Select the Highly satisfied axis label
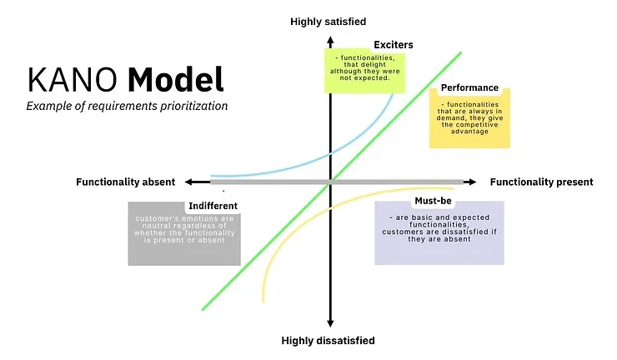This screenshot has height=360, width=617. [x=328, y=21]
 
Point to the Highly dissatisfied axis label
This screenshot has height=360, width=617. [x=328, y=341]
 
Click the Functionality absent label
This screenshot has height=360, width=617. [x=126, y=182]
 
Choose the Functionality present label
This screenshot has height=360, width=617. [x=541, y=182]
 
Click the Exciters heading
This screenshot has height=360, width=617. [x=394, y=44]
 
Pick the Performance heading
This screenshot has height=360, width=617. [x=469, y=87]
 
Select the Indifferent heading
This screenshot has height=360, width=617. [x=213, y=206]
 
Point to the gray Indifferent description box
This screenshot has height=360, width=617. [x=184, y=237]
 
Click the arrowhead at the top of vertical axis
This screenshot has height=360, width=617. [x=331, y=38]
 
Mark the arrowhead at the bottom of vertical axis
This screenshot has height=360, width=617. [x=331, y=322]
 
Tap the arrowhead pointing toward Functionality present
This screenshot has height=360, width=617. [x=471, y=182]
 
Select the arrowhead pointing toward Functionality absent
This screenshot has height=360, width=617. [x=191, y=182]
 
